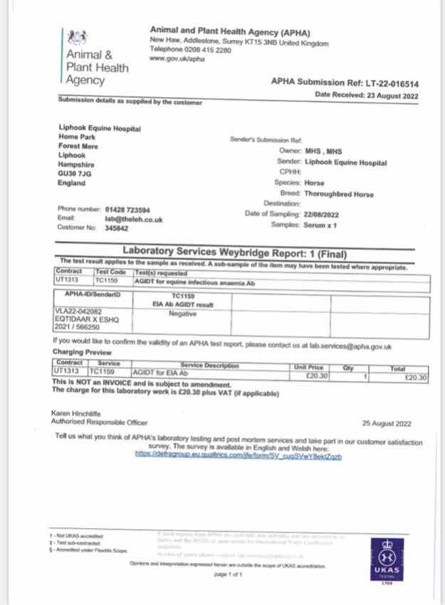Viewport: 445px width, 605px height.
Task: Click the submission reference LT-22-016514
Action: pyautogui.click(x=390, y=82)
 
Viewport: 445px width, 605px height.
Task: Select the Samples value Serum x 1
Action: pyautogui.click(x=320, y=225)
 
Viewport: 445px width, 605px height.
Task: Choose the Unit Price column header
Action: pyautogui.click(x=308, y=366)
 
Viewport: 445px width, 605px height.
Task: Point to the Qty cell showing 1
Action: pyautogui.click(x=365, y=376)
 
